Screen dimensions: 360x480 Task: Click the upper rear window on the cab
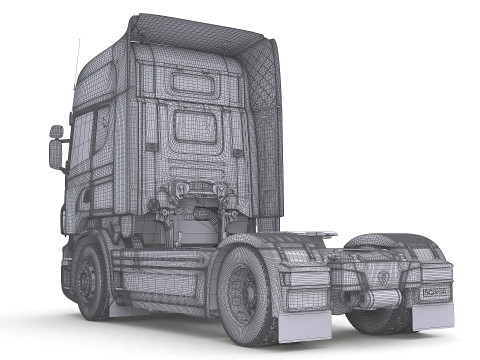tap(194, 82)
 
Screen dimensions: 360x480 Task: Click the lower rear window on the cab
tap(195, 126)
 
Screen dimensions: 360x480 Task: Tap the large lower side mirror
tap(55, 153)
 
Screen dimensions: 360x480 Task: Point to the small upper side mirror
tap(56, 131)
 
